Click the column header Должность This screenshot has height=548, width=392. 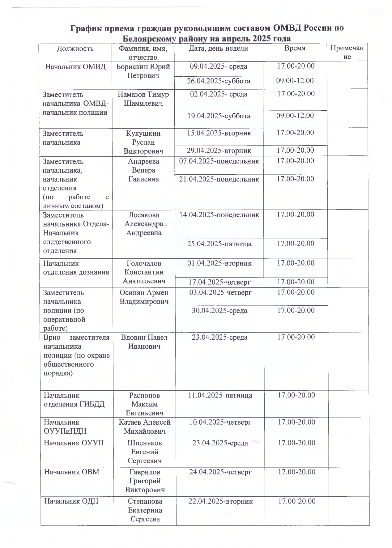click(75, 49)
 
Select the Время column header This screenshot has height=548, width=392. click(295, 48)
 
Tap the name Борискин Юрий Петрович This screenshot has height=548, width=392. click(143, 71)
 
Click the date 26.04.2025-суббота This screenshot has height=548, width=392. click(219, 81)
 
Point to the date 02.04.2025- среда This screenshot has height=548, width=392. click(219, 94)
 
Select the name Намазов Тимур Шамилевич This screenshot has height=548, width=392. click(143, 99)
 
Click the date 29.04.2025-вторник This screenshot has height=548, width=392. click(219, 151)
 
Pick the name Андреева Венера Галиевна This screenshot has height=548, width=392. click(143, 170)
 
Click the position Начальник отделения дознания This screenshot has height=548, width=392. click(76, 268)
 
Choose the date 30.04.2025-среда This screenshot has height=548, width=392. click(219, 311)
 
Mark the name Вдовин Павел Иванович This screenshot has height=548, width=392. click(144, 342)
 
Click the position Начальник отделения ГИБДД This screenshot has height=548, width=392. click(74, 400)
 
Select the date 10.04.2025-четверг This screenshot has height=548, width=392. click(220, 422)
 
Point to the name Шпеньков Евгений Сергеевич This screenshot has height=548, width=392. click(145, 452)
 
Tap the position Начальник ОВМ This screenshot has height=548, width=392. click(72, 472)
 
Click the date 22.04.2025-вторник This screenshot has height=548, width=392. click(220, 501)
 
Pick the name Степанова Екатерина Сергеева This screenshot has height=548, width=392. click(145, 510)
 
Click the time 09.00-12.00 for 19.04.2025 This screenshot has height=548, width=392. click(295, 116)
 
